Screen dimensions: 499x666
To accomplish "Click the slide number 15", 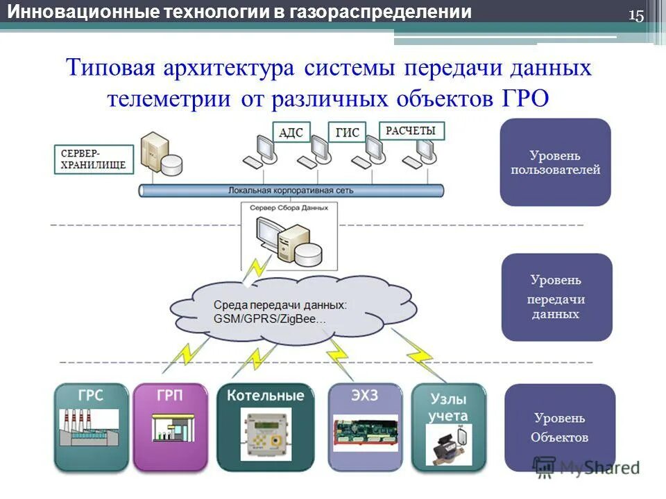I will tap(636, 16).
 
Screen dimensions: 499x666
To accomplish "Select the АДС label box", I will tap(291, 132).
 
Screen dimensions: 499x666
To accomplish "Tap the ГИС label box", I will tap(348, 132).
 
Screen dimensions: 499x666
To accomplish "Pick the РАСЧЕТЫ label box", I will tap(411, 130).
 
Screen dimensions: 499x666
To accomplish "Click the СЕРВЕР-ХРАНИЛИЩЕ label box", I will tap(93, 159).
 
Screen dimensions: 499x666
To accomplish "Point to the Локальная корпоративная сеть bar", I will tap(291, 190).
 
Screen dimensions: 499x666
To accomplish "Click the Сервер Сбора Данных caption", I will tap(286, 207).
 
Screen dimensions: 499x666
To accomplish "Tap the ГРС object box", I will tap(92, 426).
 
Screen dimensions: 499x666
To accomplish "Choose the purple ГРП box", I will tap(171, 426).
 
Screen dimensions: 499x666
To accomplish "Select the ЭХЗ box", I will tap(365, 426).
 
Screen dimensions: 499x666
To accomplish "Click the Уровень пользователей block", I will tap(555, 162).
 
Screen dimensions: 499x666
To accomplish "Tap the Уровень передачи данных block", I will tap(556, 297).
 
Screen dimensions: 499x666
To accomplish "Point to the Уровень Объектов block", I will tap(559, 428).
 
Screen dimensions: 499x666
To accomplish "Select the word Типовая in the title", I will tap(110, 68).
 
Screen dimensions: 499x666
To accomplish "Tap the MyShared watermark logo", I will tap(586, 466).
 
